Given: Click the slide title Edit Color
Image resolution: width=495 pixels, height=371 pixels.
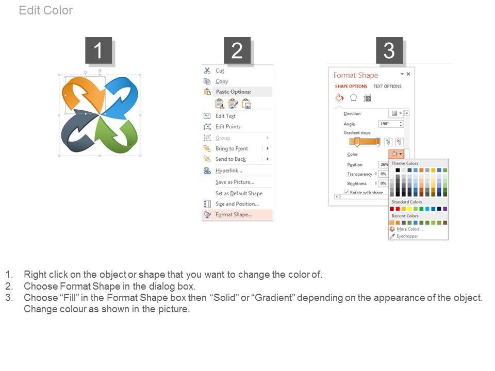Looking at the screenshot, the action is pyautogui.click(x=46, y=10).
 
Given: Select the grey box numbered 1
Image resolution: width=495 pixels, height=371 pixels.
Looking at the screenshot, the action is pyautogui.click(x=98, y=50).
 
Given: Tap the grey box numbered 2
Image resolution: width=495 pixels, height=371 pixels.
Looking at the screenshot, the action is pyautogui.click(x=237, y=50).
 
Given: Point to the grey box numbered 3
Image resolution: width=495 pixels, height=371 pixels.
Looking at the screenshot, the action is pyautogui.click(x=389, y=50).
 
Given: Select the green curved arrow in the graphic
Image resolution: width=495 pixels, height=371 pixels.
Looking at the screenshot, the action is pyautogui.click(x=122, y=137).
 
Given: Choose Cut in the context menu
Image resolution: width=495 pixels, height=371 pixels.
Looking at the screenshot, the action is pyautogui.click(x=220, y=71).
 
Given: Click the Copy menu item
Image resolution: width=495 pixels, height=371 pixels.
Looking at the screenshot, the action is pyautogui.click(x=222, y=81).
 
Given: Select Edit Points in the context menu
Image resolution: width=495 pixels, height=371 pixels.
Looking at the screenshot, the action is pyautogui.click(x=228, y=127).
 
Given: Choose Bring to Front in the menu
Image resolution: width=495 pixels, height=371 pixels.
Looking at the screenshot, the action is pyautogui.click(x=232, y=148).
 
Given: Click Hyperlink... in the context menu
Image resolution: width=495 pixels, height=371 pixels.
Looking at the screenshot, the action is pyautogui.click(x=229, y=171).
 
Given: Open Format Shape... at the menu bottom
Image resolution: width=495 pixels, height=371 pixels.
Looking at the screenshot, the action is pyautogui.click(x=234, y=214).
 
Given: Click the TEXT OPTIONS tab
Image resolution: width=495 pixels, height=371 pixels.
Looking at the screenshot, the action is pyautogui.click(x=387, y=86).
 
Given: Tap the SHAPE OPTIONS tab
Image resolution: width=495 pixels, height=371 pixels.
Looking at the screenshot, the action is pyautogui.click(x=351, y=86).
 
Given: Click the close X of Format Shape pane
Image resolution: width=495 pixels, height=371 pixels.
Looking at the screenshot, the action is pyautogui.click(x=408, y=74).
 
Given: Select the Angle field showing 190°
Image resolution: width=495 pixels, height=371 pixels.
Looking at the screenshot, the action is pyautogui.click(x=391, y=124).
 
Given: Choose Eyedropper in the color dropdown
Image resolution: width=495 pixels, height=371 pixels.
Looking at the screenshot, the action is pyautogui.click(x=407, y=236).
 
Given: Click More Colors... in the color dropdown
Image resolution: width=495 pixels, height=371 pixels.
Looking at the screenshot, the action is pyautogui.click(x=409, y=229).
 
